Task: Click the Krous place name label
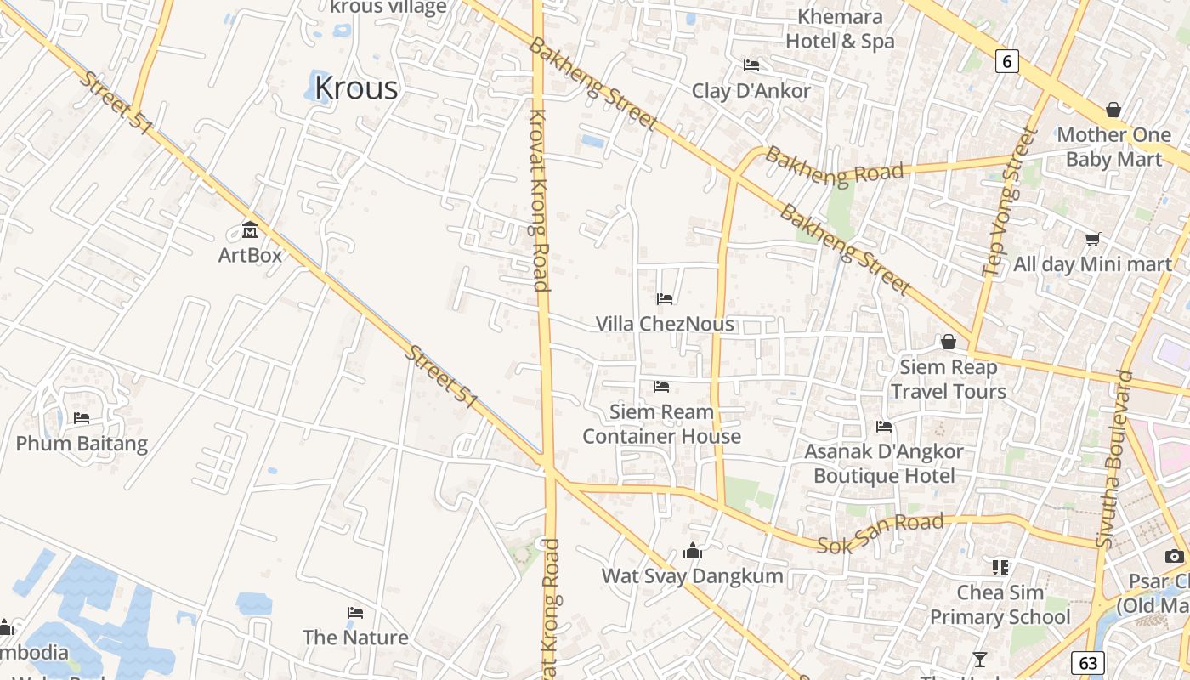click(356, 88)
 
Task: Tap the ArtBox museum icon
click(250, 230)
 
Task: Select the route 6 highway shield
click(1007, 60)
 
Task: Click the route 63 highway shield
click(1088, 663)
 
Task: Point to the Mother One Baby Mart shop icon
click(1113, 110)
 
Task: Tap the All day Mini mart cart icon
click(1092, 240)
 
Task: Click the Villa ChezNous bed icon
click(665, 298)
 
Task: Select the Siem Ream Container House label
click(661, 424)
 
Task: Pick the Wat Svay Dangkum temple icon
click(693, 551)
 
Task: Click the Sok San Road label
click(880, 533)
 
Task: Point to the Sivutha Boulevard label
click(1115, 459)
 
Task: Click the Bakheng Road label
click(834, 166)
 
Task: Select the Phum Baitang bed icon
click(82, 418)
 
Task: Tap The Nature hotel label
click(355, 637)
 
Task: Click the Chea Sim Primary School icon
click(1000, 567)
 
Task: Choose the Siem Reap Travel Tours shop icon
click(948, 342)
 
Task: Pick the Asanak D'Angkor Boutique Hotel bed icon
click(884, 427)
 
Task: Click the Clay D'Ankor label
click(751, 91)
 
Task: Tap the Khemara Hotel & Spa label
click(840, 29)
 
